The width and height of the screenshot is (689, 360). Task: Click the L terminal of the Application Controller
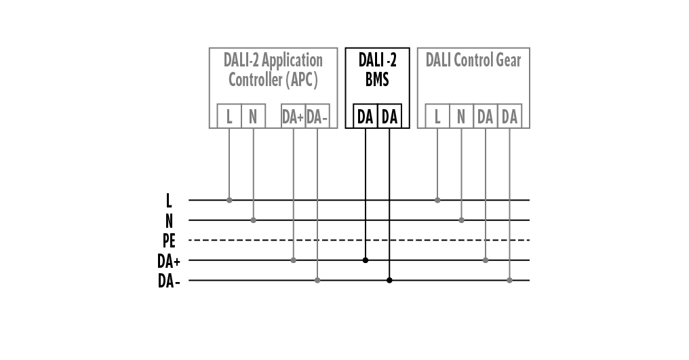[x=229, y=117]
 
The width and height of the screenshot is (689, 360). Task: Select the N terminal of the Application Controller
[x=253, y=117]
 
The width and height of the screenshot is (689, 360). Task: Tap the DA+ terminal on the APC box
[x=293, y=117]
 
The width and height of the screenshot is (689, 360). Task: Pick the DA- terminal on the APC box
[x=317, y=117]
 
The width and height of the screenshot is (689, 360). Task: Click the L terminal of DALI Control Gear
[x=437, y=117]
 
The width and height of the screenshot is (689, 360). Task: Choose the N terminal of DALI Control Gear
[x=461, y=117]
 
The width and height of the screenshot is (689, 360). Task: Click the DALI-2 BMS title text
[x=377, y=70]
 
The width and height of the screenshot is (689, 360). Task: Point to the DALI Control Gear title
[x=473, y=60]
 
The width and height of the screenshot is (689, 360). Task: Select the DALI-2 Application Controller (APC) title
[x=273, y=70]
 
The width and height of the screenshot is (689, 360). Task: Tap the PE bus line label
[x=170, y=240]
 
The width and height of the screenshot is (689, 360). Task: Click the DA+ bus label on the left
[x=170, y=260]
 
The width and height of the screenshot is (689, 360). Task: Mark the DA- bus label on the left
[x=170, y=280]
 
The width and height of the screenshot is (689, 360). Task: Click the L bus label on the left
[x=169, y=201]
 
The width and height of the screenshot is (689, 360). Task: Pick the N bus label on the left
[x=169, y=220]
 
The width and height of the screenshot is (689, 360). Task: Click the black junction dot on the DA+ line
[x=366, y=260]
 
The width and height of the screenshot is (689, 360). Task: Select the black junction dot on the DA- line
[x=389, y=280]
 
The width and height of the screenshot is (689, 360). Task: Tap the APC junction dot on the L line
[x=229, y=200]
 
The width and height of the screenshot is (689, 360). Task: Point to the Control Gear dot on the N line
[x=461, y=220]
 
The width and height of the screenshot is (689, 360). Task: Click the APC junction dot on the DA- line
[x=317, y=280]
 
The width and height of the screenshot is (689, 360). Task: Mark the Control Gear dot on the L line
[x=437, y=200]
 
